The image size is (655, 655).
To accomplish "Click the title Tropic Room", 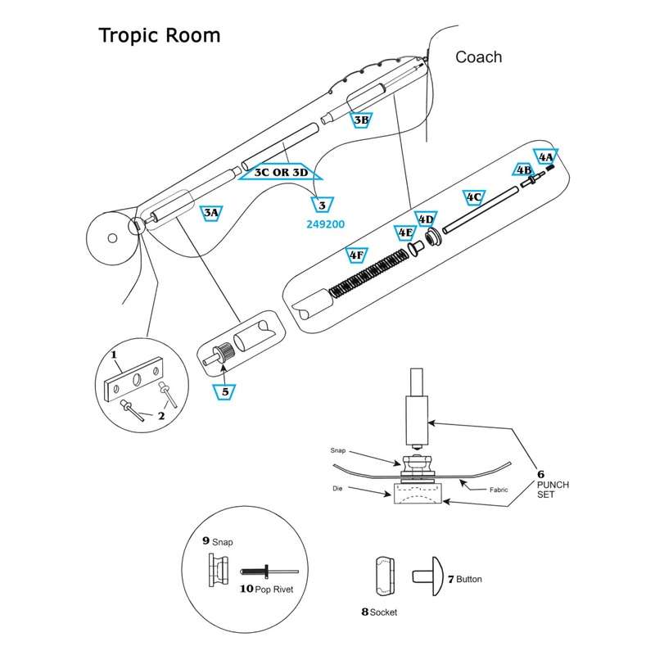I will point(159,36).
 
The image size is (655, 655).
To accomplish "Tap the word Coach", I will point(478,57).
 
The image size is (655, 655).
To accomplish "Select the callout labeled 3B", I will point(362,120).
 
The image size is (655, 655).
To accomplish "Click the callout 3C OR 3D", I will point(280,173).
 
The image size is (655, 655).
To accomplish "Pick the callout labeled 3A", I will point(211,213).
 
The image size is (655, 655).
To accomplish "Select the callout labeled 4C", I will point(473,197).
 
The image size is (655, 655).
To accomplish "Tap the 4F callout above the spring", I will point(356,255).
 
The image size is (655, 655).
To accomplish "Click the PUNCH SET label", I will point(553,490).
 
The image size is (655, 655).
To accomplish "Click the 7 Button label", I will point(464,579).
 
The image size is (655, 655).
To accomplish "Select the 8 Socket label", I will point(379,612).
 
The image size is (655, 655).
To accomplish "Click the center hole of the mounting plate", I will point(135,377).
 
